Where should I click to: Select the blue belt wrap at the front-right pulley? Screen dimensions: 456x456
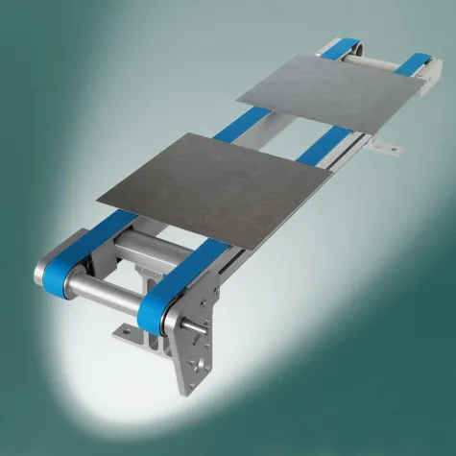pos(153,308)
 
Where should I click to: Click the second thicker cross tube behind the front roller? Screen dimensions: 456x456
pos(145,260)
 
